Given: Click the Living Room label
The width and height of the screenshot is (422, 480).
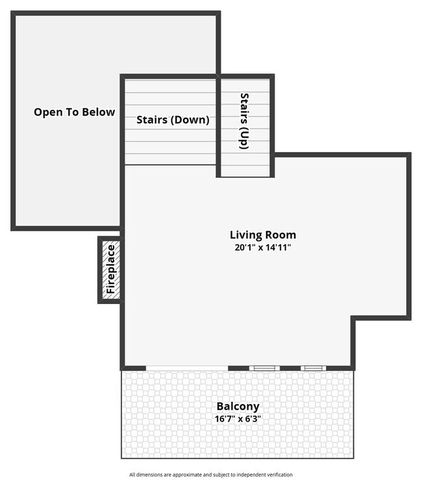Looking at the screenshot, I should pos(262,234).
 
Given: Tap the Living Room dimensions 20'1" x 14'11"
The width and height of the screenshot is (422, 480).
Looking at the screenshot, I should pos(262,247).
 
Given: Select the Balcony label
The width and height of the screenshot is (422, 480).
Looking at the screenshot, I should pos(238,407).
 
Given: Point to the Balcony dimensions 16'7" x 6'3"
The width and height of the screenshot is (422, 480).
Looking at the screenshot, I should pos(238,419).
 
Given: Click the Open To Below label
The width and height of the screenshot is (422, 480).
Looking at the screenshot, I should pos(74,112).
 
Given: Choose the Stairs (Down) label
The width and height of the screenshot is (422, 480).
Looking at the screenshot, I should pos(173,120).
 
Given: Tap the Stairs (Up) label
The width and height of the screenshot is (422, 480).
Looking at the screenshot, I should pos(244,121).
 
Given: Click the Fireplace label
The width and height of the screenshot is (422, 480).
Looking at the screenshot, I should pos(110,269).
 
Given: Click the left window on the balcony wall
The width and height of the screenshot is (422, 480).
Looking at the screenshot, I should pos(264,368).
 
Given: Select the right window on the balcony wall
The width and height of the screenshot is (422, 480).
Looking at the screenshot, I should pos(313,368).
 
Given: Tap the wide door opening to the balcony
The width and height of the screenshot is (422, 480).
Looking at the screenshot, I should pos(187,369).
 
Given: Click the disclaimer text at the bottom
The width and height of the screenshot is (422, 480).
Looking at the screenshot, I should pos(211,475).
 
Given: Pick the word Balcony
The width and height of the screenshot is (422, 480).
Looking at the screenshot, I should pos(238,407).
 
